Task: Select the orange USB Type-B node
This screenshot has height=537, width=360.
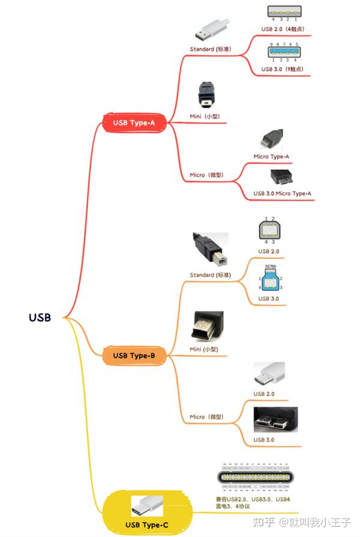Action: point(134,356)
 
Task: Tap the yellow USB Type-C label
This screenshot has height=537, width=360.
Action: point(147,526)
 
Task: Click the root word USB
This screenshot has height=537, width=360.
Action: point(40,317)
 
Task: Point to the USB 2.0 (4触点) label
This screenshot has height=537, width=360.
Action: point(282,29)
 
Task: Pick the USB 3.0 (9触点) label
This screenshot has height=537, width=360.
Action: point(282,69)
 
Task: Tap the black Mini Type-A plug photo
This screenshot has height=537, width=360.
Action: point(205,93)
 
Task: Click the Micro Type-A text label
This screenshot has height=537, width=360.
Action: point(271,157)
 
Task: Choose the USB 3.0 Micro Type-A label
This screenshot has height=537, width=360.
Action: point(282,193)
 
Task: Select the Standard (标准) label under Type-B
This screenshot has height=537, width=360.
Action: point(210,275)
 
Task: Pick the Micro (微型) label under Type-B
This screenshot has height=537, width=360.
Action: point(206,416)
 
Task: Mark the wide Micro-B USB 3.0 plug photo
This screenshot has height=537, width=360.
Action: point(275,421)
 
